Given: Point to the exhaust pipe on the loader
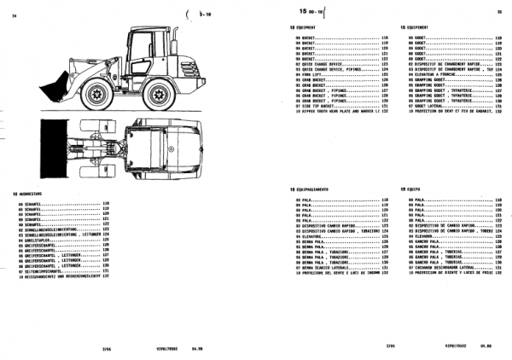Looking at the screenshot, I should (174, 38).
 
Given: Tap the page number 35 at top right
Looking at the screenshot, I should (499, 12).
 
